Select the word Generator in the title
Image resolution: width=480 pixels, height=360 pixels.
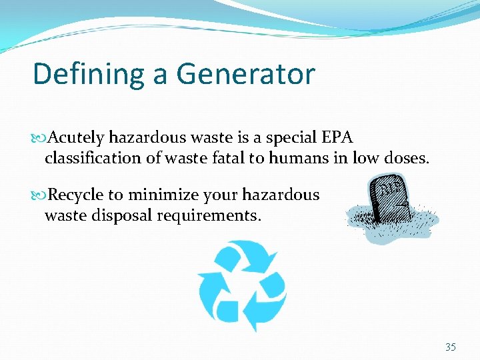(x=245, y=74)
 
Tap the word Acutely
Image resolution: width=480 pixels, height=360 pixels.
(x=75, y=138)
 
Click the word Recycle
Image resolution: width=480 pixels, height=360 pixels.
(x=76, y=195)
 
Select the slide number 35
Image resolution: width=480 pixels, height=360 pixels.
(x=451, y=347)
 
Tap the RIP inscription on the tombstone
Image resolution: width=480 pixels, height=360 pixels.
(x=390, y=189)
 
